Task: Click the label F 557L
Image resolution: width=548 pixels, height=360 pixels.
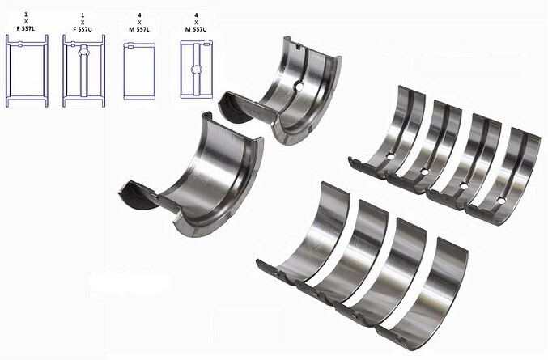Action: point(26,29)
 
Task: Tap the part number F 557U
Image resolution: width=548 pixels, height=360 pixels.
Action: point(83,29)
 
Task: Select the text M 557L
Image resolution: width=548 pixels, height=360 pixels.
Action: point(139,29)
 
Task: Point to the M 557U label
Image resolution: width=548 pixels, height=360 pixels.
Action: point(196,29)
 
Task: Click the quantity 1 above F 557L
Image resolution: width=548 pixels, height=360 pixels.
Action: point(26,15)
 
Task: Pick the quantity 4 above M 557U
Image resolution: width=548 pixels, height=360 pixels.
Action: point(196,15)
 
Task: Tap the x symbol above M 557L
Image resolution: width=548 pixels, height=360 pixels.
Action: point(139,23)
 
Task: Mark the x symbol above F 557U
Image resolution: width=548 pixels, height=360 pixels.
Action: point(83,23)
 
